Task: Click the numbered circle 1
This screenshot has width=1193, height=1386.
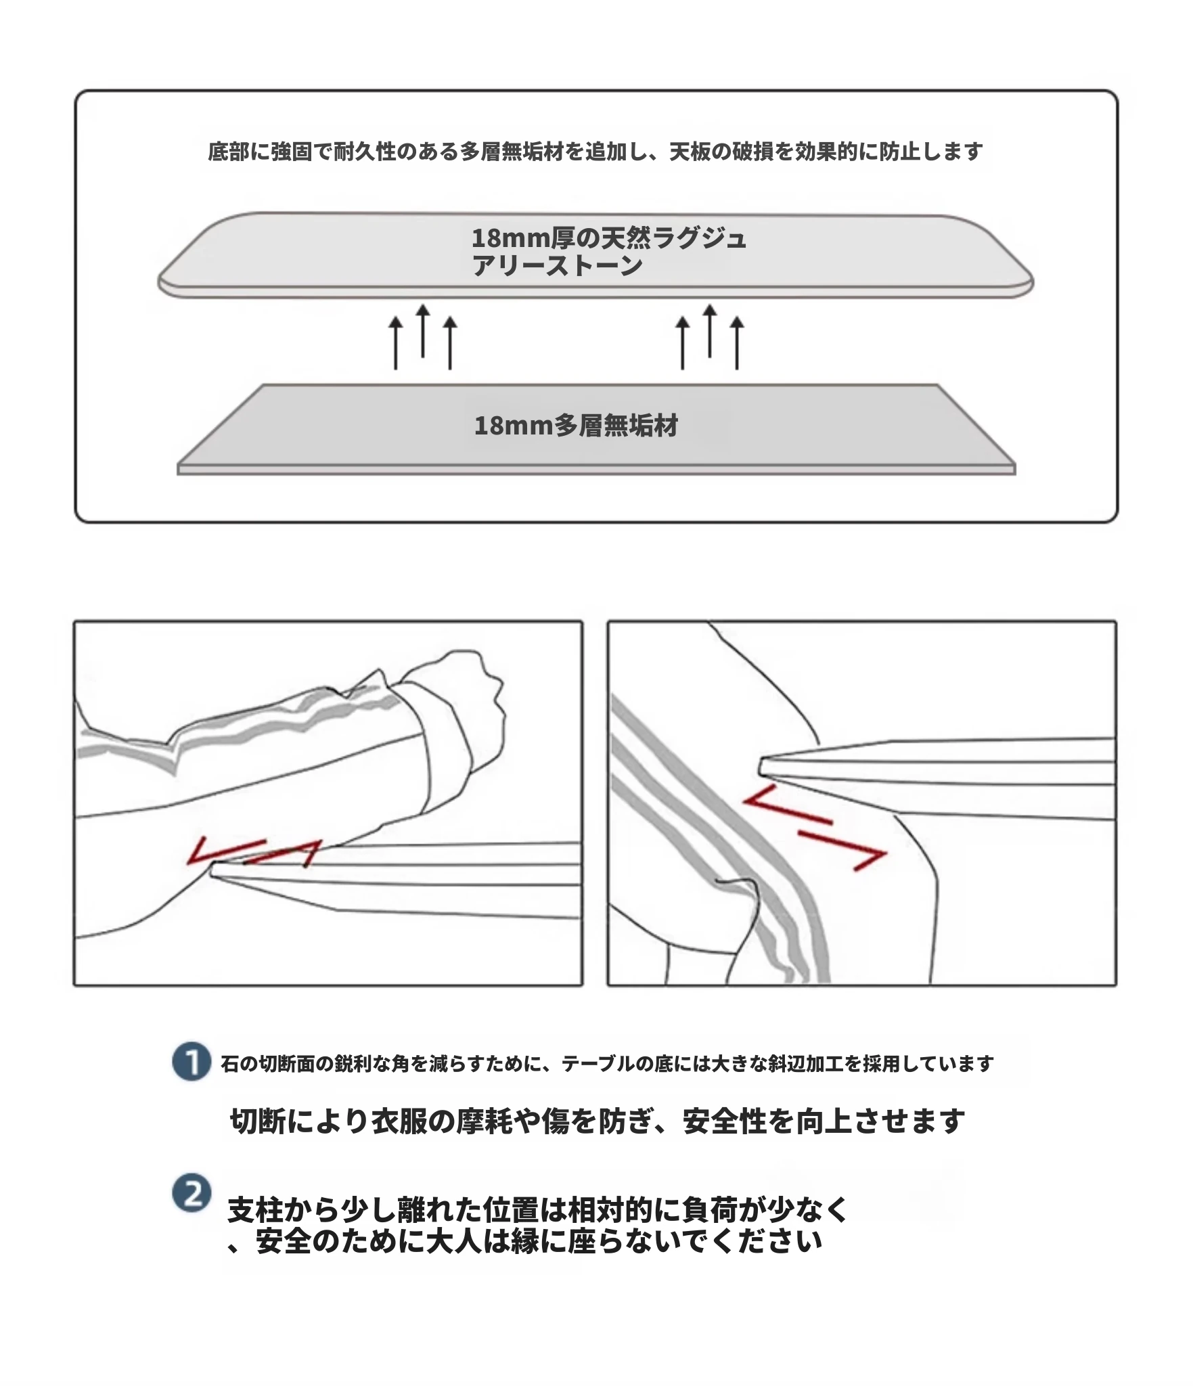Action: point(192,1062)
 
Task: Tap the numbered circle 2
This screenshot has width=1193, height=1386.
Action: point(192,1194)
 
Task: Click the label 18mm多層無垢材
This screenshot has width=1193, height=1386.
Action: point(576,426)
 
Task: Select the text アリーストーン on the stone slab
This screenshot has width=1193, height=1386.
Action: point(557,266)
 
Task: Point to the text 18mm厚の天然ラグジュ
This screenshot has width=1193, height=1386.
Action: point(609,238)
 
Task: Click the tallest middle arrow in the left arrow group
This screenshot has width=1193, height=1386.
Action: point(423,331)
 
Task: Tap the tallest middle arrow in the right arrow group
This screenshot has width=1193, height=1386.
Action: point(709,331)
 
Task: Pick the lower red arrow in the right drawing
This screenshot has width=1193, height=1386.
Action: point(842,850)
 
